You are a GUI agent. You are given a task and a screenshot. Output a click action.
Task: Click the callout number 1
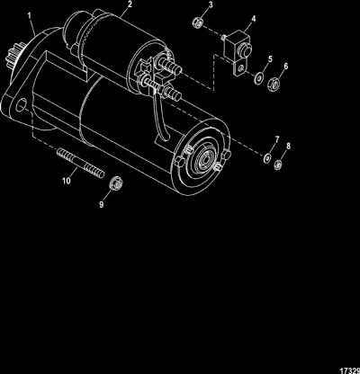click(x=31, y=16)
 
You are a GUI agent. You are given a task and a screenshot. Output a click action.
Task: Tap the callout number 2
click(x=130, y=4)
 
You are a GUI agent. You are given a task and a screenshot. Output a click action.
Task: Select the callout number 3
click(x=211, y=5)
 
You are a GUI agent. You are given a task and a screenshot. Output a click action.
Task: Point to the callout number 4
click(x=254, y=19)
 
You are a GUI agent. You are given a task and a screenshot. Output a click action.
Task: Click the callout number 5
click(x=270, y=58)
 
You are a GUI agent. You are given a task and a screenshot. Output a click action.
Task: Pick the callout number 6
click(x=285, y=66)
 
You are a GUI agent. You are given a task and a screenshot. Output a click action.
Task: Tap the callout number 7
click(x=277, y=139)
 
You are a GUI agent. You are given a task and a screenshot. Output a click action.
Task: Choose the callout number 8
click(x=288, y=147)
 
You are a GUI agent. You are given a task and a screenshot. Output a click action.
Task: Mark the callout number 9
click(x=102, y=204)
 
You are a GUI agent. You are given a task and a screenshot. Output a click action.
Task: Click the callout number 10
click(x=67, y=181)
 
